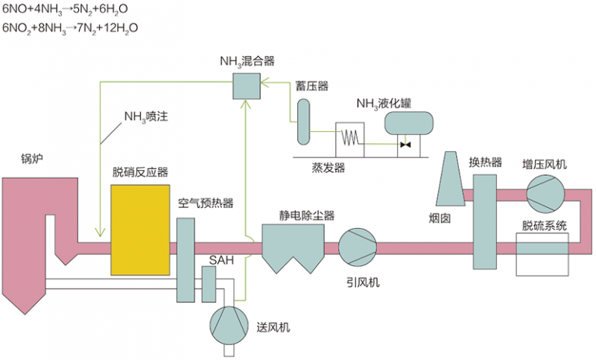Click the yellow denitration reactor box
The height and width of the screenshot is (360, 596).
coord(139,229)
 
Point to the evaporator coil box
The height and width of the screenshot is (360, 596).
coord(350,139)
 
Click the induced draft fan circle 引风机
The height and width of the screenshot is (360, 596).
coord(358,246)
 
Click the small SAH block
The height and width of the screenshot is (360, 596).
coord(209,282)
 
